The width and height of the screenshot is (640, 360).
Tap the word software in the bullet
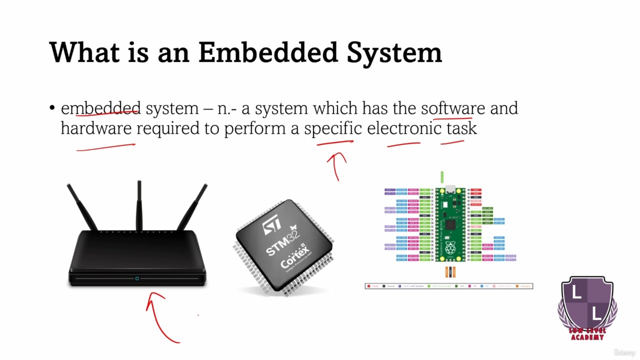pos(452,108)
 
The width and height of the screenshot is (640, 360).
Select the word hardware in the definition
pos(96,128)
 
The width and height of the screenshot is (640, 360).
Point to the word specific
pos(332,128)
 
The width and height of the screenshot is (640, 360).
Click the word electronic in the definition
pos(404,128)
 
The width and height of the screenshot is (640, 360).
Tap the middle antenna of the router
pos(139,205)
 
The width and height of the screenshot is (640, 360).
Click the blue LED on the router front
pos(137,278)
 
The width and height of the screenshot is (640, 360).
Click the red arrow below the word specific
pos(337,165)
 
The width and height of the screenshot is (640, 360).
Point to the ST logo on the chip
pos(272,225)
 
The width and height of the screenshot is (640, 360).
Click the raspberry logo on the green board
pos(450,247)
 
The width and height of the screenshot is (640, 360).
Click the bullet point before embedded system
pos(52,108)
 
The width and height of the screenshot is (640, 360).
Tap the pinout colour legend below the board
pos(448,286)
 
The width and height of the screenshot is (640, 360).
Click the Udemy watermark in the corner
pos(625,352)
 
